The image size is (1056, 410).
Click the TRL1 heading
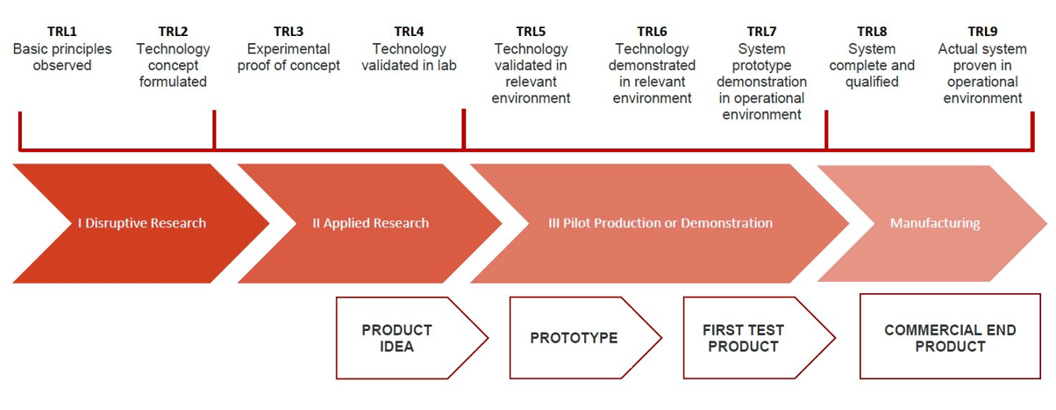[x=62, y=32]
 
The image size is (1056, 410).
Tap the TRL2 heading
[x=173, y=32]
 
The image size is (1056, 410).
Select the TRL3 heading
[x=289, y=32]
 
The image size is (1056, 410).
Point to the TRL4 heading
[x=409, y=32]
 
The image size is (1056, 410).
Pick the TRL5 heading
[x=531, y=32]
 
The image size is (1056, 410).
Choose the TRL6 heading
[x=652, y=32]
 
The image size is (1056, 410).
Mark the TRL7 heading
[x=761, y=32]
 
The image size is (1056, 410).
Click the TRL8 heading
[x=872, y=32]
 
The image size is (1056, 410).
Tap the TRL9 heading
[x=982, y=32]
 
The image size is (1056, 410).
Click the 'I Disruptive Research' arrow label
[x=141, y=223]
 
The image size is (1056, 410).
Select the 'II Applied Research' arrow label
[x=371, y=223]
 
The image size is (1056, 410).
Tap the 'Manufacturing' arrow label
[x=934, y=223]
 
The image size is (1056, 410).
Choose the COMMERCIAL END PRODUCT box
[x=950, y=338]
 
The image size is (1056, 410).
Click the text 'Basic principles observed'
[x=62, y=57]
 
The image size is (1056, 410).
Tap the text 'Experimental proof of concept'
[x=289, y=57]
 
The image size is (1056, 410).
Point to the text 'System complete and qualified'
[x=872, y=66]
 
